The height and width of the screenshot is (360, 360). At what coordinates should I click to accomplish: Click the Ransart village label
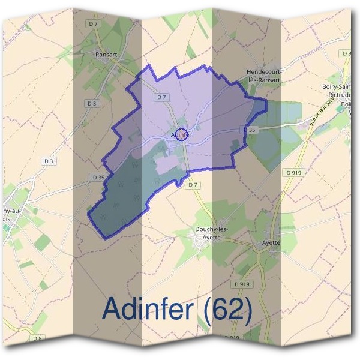[106, 54]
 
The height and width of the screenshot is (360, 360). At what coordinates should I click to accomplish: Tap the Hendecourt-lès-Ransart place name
[265, 76]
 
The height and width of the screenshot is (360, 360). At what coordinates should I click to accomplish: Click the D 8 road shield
[38, 339]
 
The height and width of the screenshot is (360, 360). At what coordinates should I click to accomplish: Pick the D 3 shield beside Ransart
[91, 104]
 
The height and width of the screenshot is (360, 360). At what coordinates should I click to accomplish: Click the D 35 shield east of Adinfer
[250, 130]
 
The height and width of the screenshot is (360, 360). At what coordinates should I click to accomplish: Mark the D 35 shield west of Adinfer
[98, 177]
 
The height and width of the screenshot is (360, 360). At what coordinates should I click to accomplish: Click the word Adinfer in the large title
[148, 308]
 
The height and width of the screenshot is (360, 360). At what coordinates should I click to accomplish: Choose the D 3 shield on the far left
[49, 161]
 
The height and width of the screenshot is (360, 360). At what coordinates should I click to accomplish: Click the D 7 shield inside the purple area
[161, 97]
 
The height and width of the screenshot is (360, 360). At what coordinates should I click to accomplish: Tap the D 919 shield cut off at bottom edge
[232, 338]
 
